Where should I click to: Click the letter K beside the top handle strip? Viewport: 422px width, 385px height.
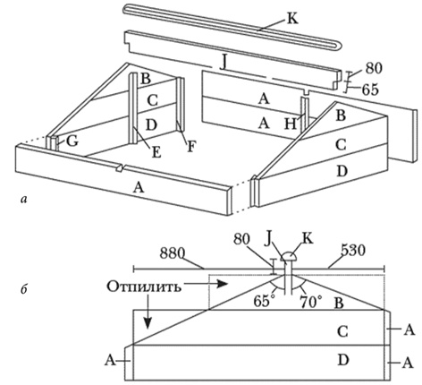pyautogui.click(x=291, y=19)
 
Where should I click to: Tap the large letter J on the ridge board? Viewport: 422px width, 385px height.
pyautogui.click(x=224, y=63)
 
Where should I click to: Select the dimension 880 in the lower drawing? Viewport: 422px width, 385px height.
pyautogui.click(x=173, y=253)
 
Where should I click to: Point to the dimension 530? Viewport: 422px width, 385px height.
pyautogui.click(x=352, y=251)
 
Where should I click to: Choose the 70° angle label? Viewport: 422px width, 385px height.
pyautogui.click(x=311, y=302)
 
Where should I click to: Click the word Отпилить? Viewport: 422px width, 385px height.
pyautogui.click(x=144, y=287)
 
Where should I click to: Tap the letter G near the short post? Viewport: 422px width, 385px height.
pyautogui.click(x=72, y=141)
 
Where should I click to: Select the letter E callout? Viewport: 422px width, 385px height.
pyautogui.click(x=156, y=153)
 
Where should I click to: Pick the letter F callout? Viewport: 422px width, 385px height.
pyautogui.click(x=190, y=147)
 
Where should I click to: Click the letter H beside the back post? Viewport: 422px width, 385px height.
pyautogui.click(x=291, y=124)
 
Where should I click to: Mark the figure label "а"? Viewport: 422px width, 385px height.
pyautogui.click(x=24, y=199)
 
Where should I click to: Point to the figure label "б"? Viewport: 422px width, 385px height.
pyautogui.click(x=24, y=289)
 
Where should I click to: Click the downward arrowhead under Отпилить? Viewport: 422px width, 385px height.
pyautogui.click(x=148, y=323)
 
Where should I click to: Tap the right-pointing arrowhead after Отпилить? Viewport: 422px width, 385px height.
pyautogui.click(x=222, y=284)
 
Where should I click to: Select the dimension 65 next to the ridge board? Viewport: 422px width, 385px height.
pyautogui.click(x=370, y=90)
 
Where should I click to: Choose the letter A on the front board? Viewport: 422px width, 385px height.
pyautogui.click(x=138, y=188)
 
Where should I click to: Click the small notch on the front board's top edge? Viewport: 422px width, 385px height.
pyautogui.click(x=120, y=167)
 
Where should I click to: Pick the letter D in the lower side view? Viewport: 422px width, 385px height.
pyautogui.click(x=343, y=360)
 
